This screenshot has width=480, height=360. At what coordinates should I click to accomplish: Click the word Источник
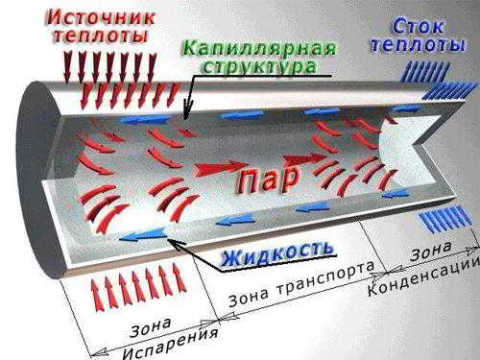tap(101, 17)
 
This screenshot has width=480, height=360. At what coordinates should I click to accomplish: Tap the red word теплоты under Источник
tap(101, 36)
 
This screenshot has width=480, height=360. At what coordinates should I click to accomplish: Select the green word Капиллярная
tap(260, 49)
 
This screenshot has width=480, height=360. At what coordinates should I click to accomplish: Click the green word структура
tap(260, 66)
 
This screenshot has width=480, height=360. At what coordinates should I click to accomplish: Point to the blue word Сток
tap(418, 26)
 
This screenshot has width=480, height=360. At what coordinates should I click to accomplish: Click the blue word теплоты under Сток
tap(418, 44)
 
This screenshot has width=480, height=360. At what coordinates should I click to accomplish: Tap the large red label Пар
tap(268, 181)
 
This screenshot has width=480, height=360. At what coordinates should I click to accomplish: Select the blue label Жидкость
tap(277, 254)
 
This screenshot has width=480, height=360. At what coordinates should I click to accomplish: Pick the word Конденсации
tap(423, 276)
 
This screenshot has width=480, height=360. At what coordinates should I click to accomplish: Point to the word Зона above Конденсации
tap(431, 251)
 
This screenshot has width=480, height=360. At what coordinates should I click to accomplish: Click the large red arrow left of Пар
tap(221, 168)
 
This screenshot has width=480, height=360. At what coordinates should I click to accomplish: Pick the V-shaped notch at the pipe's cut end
tap(416, 143)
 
